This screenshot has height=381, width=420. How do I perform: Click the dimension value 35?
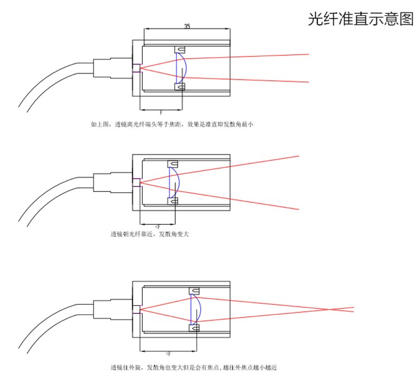point(186,26)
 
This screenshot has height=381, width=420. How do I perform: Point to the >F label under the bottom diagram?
point(167,354)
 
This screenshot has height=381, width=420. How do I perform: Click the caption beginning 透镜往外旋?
point(193,368)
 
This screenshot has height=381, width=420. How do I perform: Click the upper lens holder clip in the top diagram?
point(180,49)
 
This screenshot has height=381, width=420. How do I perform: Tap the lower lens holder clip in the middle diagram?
point(172,201)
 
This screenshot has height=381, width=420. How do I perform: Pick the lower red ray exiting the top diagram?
point(263,80)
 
